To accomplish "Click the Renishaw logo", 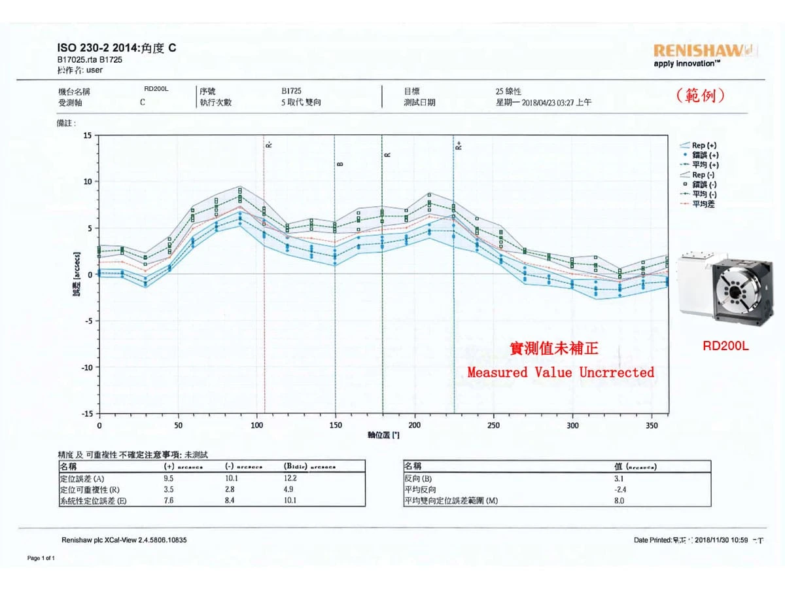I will (x=705, y=50).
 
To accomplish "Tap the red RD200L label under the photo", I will (x=725, y=346).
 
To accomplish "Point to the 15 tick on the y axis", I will (x=88, y=135).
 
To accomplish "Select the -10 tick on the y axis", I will (x=86, y=367).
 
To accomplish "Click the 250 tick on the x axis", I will (x=494, y=425).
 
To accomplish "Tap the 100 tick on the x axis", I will (x=257, y=425).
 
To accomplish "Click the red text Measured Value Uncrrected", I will (x=561, y=372).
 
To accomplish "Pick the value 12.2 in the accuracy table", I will (x=290, y=478).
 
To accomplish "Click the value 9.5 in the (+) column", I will (x=168, y=478).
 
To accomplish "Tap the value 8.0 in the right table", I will (x=619, y=501).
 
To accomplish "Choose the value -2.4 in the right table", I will (x=619, y=490).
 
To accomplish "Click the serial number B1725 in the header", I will (x=291, y=92).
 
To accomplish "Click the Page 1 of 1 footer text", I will (x=41, y=558).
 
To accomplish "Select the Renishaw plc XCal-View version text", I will (x=124, y=540).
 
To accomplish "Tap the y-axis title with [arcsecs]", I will (x=77, y=275).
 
